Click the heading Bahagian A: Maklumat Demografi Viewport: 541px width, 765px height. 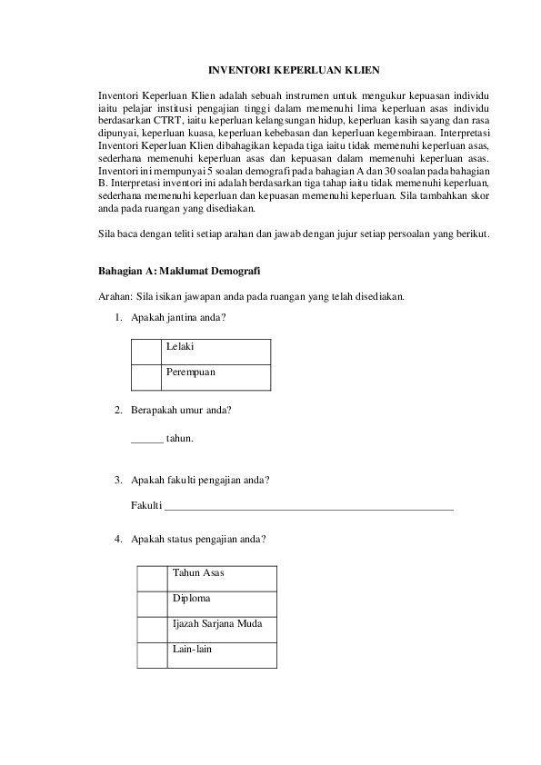180,271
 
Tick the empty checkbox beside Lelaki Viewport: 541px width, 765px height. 146,352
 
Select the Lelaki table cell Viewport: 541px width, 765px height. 215,352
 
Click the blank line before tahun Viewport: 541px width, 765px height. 147,439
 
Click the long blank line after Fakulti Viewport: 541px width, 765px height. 308,507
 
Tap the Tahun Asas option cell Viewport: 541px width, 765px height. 222,578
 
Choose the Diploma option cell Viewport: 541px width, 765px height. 222,603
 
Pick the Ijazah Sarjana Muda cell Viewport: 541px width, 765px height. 222,629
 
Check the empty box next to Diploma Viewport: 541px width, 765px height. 153,603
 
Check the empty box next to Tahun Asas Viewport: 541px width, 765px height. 153,578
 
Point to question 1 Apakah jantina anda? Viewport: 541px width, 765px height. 178,317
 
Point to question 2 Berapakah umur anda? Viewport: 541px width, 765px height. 181,410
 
